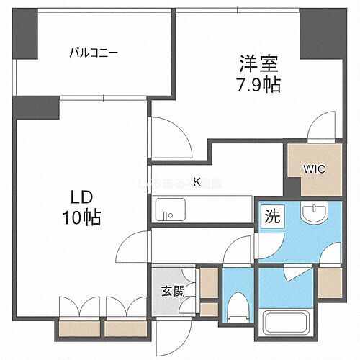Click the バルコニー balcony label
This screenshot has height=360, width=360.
(93, 52)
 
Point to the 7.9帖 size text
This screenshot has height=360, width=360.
(256, 84)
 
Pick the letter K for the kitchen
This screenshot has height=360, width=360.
(197, 181)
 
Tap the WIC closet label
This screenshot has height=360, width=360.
(313, 170)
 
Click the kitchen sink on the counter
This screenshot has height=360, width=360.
(167, 215)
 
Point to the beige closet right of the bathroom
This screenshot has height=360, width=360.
(330, 283)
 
